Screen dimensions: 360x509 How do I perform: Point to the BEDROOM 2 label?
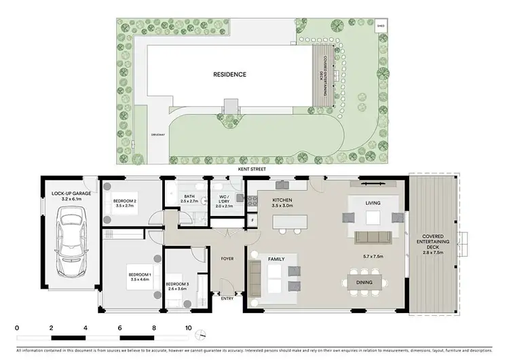(x=125, y=201)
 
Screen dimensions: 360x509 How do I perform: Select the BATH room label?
(x=189, y=197)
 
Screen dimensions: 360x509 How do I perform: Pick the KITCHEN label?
(x=282, y=200)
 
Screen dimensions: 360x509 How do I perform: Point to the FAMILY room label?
(x=275, y=259)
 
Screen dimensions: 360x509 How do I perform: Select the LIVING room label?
(x=372, y=203)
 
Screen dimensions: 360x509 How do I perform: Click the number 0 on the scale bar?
(x=16, y=328)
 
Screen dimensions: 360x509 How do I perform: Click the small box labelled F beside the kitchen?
(x=252, y=220)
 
